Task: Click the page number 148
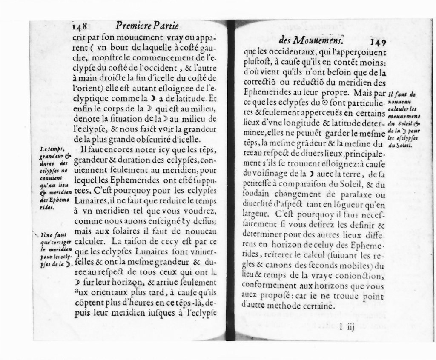point(80,26)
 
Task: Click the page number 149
point(378,41)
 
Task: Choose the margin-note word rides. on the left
point(45,208)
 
